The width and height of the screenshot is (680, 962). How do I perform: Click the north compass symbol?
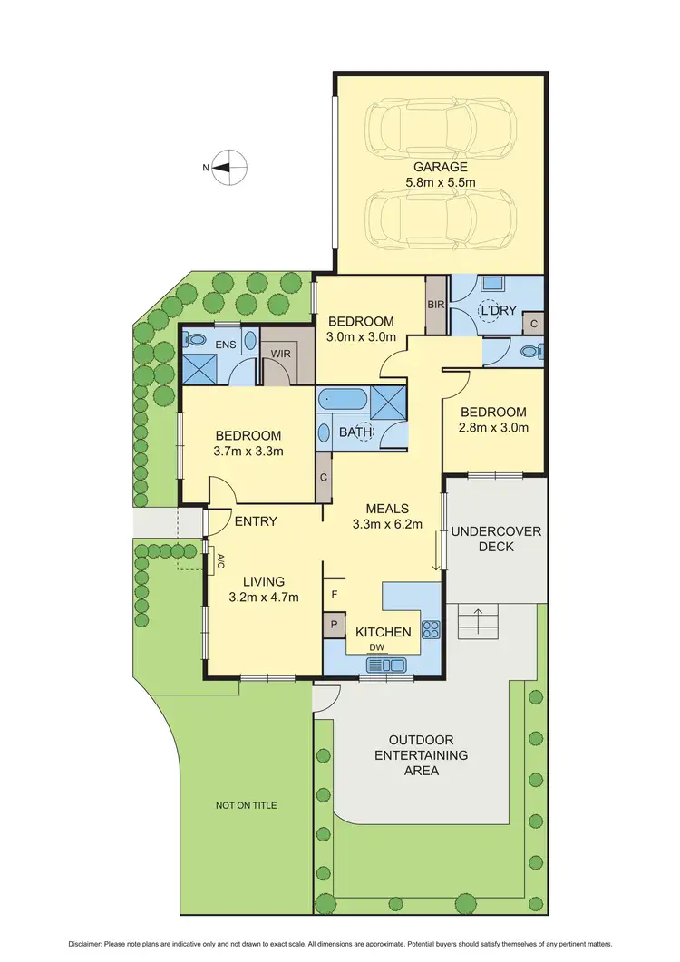point(231,168)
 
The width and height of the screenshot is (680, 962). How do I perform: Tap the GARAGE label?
point(441,167)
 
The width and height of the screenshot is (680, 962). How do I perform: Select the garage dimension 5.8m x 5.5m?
point(441,182)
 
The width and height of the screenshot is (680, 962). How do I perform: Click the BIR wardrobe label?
point(436,305)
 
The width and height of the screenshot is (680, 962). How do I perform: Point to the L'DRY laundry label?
point(498,311)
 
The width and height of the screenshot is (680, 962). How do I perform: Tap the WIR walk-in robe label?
point(280,353)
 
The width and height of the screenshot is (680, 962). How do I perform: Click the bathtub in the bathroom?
point(342,399)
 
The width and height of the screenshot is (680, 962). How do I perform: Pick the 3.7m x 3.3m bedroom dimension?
point(248,451)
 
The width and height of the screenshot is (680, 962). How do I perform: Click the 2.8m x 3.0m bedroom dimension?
point(493,428)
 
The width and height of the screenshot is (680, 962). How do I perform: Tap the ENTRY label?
point(256,521)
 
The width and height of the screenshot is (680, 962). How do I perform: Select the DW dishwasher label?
point(374,646)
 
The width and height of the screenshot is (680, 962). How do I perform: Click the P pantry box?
point(333,625)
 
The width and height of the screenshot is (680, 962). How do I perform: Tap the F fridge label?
point(335,596)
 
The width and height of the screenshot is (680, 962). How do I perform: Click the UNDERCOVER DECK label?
point(495,539)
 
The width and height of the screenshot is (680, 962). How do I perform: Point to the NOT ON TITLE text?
point(247,805)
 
